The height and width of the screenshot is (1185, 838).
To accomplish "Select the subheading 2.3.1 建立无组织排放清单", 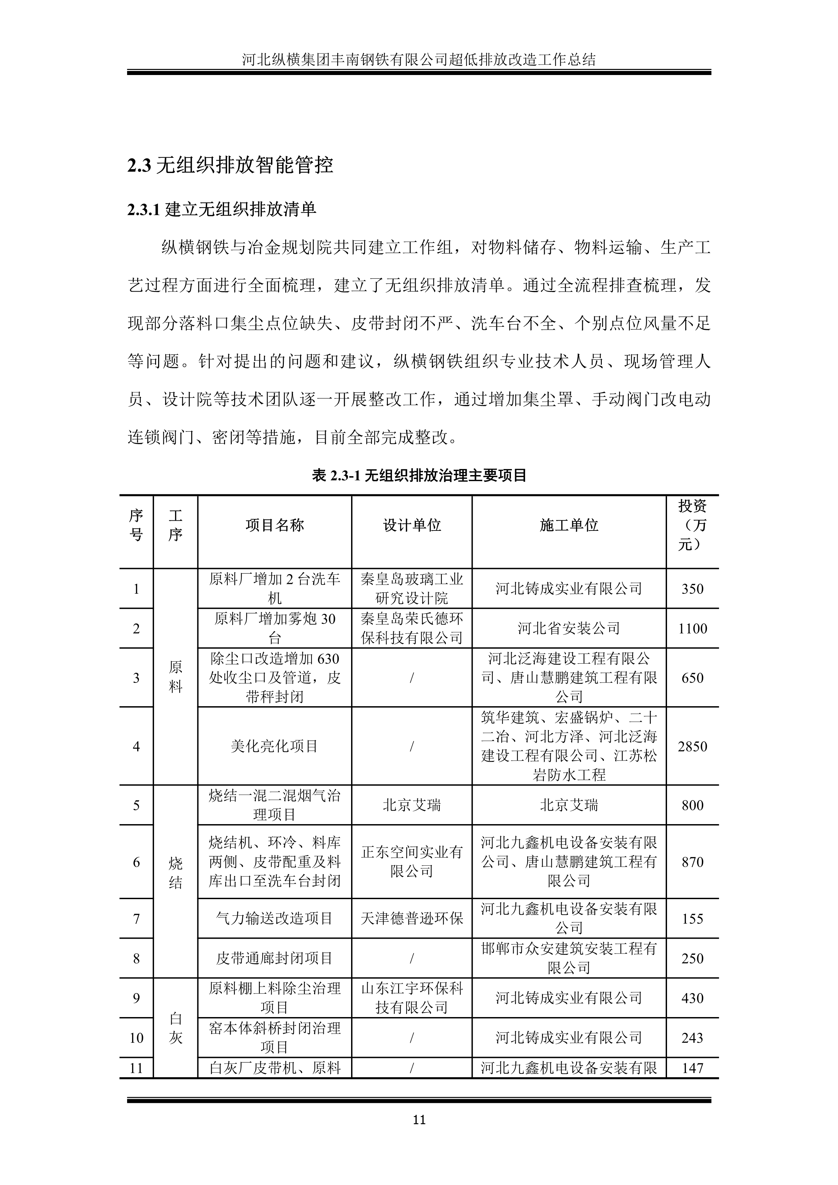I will pos(222,209).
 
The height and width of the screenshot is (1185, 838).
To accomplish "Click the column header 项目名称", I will pos(274,525).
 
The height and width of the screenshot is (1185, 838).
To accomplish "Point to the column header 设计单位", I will pos(412,525).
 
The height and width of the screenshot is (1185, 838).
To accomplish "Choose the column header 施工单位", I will pos(569,525).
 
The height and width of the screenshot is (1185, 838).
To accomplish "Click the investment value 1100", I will pos(692,628).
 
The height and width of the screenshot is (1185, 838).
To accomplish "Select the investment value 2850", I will pos(692,746).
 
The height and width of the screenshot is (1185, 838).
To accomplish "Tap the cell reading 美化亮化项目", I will pos(274,746).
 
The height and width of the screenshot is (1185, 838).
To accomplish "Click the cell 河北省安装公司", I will pos(569,628).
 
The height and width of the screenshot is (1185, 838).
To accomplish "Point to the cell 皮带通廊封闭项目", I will pos(274,958).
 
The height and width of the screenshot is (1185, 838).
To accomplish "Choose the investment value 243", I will pos(692,1038).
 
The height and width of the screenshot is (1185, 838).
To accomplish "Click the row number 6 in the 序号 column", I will pos(136,862).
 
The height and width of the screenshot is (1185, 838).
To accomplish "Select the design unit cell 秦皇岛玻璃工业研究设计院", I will pos(412,589).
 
